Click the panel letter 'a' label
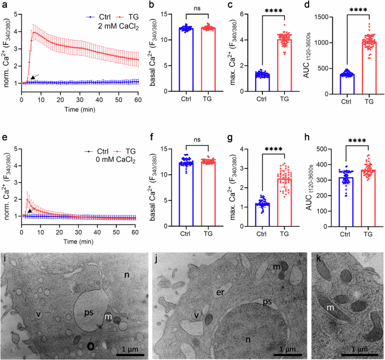click(3, 5)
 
